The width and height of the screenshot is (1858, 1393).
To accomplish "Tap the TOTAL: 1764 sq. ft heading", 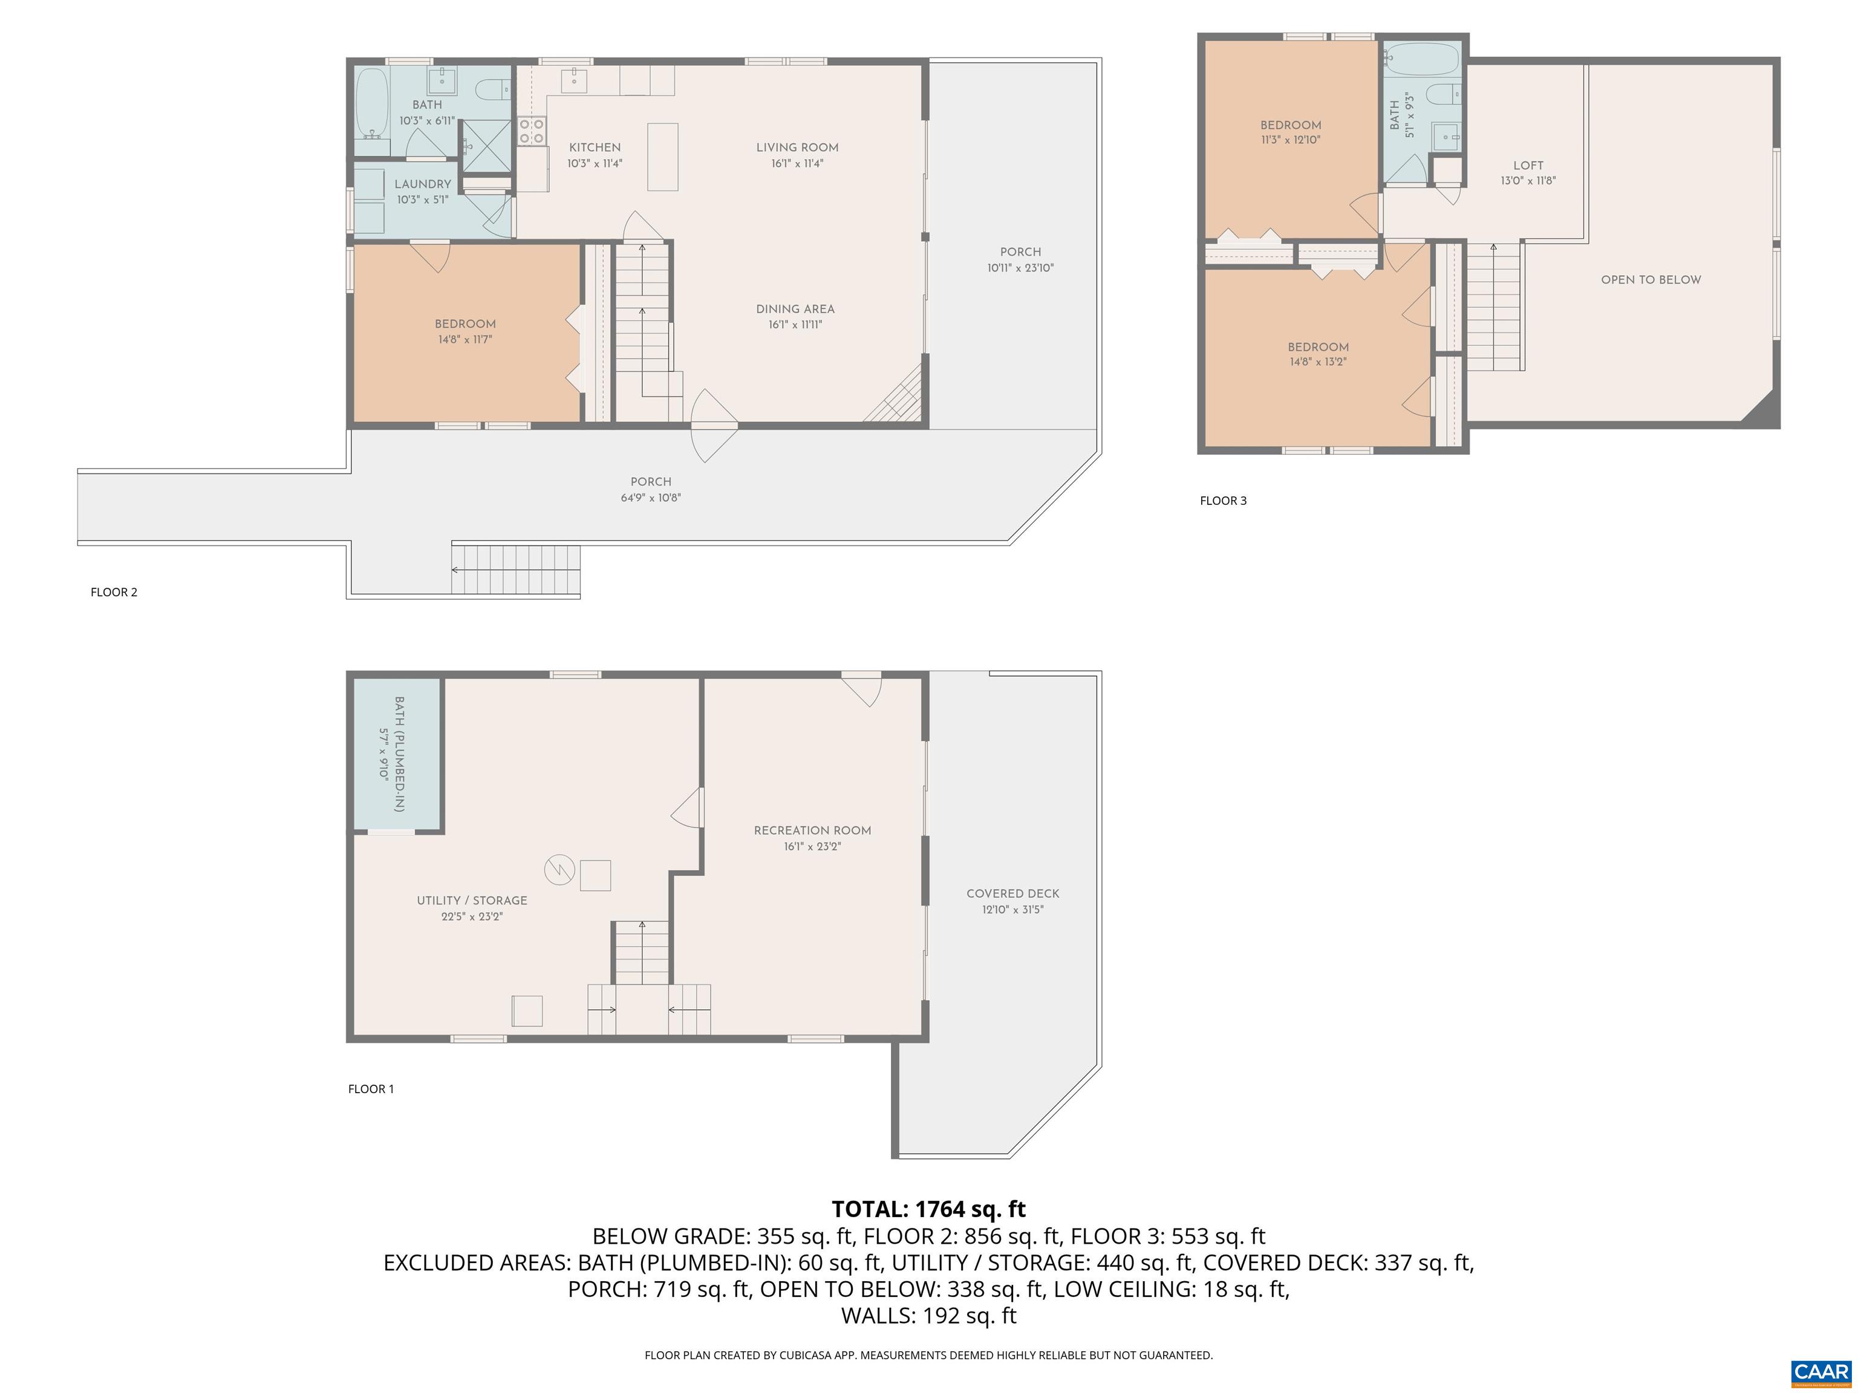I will coord(928,1209).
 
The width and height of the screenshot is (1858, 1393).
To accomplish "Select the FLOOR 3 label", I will coord(1223,501).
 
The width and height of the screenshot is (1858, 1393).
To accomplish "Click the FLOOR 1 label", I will coord(370,1089).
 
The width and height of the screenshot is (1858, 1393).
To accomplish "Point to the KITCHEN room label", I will coord(595,148).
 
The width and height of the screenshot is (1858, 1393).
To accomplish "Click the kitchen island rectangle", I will coord(663,157).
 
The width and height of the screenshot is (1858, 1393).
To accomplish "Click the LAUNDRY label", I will coord(423,184).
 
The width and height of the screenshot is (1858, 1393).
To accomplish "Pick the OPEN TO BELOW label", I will coord(1651,279).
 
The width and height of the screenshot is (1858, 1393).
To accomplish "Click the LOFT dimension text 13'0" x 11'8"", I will coord(1528,181).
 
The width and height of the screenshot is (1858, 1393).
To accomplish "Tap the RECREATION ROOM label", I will coord(812,831).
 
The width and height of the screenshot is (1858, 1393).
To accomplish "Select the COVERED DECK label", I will coord(1012,894).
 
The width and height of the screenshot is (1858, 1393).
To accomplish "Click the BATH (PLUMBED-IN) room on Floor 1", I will coord(398,754).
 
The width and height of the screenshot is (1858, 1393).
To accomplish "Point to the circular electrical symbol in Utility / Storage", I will coord(559,870).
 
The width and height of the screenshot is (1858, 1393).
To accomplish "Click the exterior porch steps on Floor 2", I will coord(516,570).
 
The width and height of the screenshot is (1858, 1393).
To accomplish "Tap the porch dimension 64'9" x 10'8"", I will coord(650,498).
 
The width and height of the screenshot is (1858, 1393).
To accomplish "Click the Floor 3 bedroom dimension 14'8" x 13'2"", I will coord(1318,363).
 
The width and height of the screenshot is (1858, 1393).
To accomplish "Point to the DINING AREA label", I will coord(795,309).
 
